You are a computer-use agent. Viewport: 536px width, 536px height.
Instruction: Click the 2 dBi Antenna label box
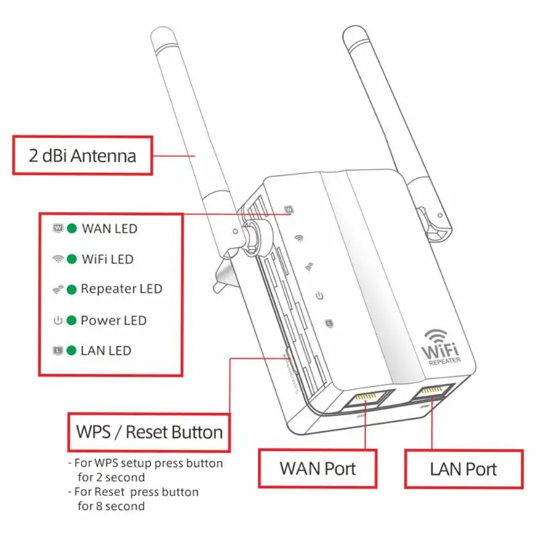click(82, 156)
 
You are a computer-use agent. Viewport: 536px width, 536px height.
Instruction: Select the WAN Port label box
click(318, 468)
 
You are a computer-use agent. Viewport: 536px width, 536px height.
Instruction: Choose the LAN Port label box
click(463, 468)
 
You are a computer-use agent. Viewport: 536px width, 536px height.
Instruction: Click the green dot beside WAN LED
click(71, 228)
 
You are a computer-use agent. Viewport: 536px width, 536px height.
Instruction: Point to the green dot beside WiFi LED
click(71, 259)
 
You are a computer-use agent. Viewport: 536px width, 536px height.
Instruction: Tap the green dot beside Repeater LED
click(71, 289)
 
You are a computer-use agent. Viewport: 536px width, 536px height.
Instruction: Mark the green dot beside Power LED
click(71, 320)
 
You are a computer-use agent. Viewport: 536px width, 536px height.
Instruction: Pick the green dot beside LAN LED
click(71, 350)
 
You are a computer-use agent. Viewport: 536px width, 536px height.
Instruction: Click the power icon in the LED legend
click(58, 320)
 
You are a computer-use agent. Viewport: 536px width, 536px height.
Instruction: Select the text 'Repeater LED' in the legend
click(121, 289)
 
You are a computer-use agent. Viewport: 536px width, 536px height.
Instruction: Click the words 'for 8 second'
click(111, 506)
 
